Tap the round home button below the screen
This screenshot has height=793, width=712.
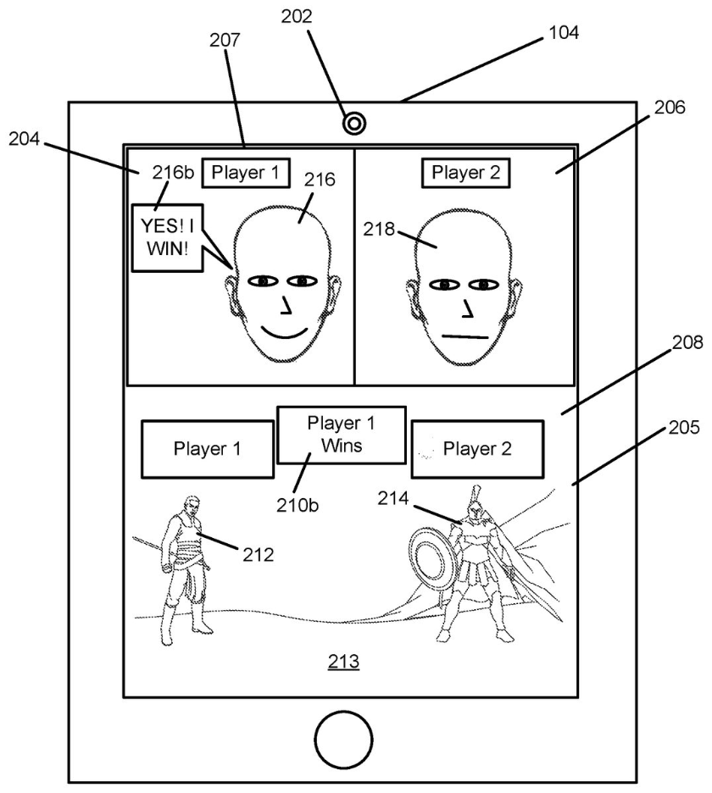point(343,740)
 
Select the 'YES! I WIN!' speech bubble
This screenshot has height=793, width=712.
point(168,238)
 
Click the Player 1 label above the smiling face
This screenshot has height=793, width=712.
point(246,173)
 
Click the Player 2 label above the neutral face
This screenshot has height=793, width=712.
point(465,173)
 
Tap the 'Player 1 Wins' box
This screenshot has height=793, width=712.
point(342,435)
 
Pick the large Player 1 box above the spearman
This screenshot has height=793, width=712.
point(208,448)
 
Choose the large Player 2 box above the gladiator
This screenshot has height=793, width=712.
point(477,448)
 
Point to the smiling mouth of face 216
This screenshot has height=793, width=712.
point(284,334)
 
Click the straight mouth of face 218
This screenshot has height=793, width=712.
point(464,336)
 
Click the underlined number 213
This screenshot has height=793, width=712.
point(343,662)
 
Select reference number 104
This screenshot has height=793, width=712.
point(564,32)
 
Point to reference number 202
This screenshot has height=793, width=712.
point(297,16)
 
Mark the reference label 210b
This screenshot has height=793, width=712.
point(298,505)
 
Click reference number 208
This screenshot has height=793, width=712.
point(687,342)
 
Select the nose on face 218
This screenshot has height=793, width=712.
point(466,309)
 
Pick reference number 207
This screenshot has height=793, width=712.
point(225,40)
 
